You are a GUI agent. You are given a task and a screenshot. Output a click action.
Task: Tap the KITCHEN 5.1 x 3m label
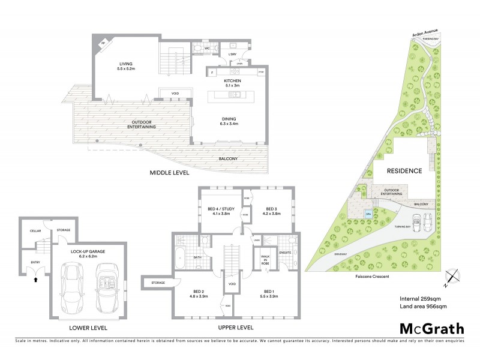[232, 83]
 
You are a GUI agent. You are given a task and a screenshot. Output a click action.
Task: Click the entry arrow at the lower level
[37, 278]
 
